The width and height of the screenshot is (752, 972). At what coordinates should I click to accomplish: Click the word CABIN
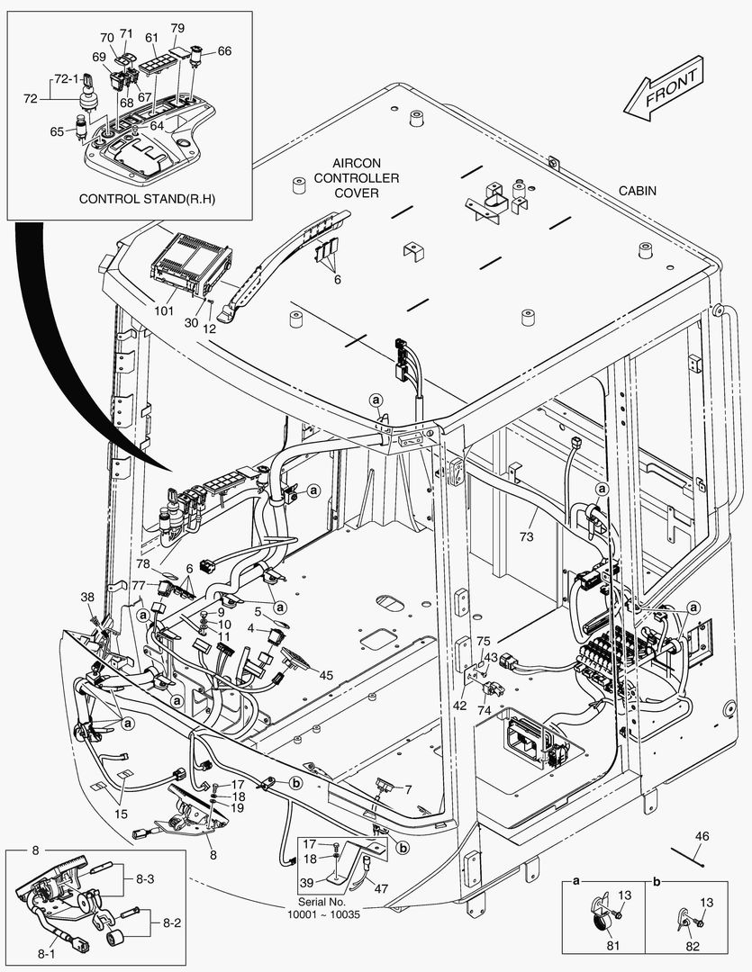tap(637, 191)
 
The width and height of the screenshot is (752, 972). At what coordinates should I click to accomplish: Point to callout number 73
tap(526, 536)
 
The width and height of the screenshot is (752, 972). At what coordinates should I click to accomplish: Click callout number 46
tap(702, 837)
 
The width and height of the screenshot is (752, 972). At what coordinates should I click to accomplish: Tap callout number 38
tap(87, 597)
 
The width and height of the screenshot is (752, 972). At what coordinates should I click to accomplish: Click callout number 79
tap(177, 28)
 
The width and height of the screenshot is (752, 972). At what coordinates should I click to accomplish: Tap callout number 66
tap(224, 51)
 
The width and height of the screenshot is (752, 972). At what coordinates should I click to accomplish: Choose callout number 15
tap(120, 814)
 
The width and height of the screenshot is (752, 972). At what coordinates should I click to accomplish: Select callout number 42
tap(460, 706)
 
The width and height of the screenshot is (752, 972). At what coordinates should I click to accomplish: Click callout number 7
tap(407, 789)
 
